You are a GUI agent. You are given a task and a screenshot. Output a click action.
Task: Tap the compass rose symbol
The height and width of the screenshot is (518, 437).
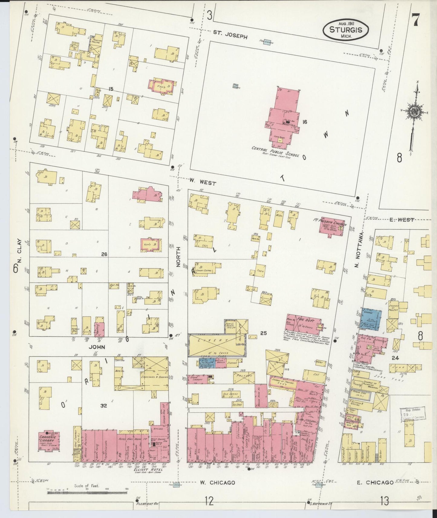point(413,111)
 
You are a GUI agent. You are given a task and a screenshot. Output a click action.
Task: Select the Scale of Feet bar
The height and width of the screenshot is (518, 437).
point(88,493)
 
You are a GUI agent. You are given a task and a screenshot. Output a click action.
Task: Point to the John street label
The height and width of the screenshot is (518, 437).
point(96,347)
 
